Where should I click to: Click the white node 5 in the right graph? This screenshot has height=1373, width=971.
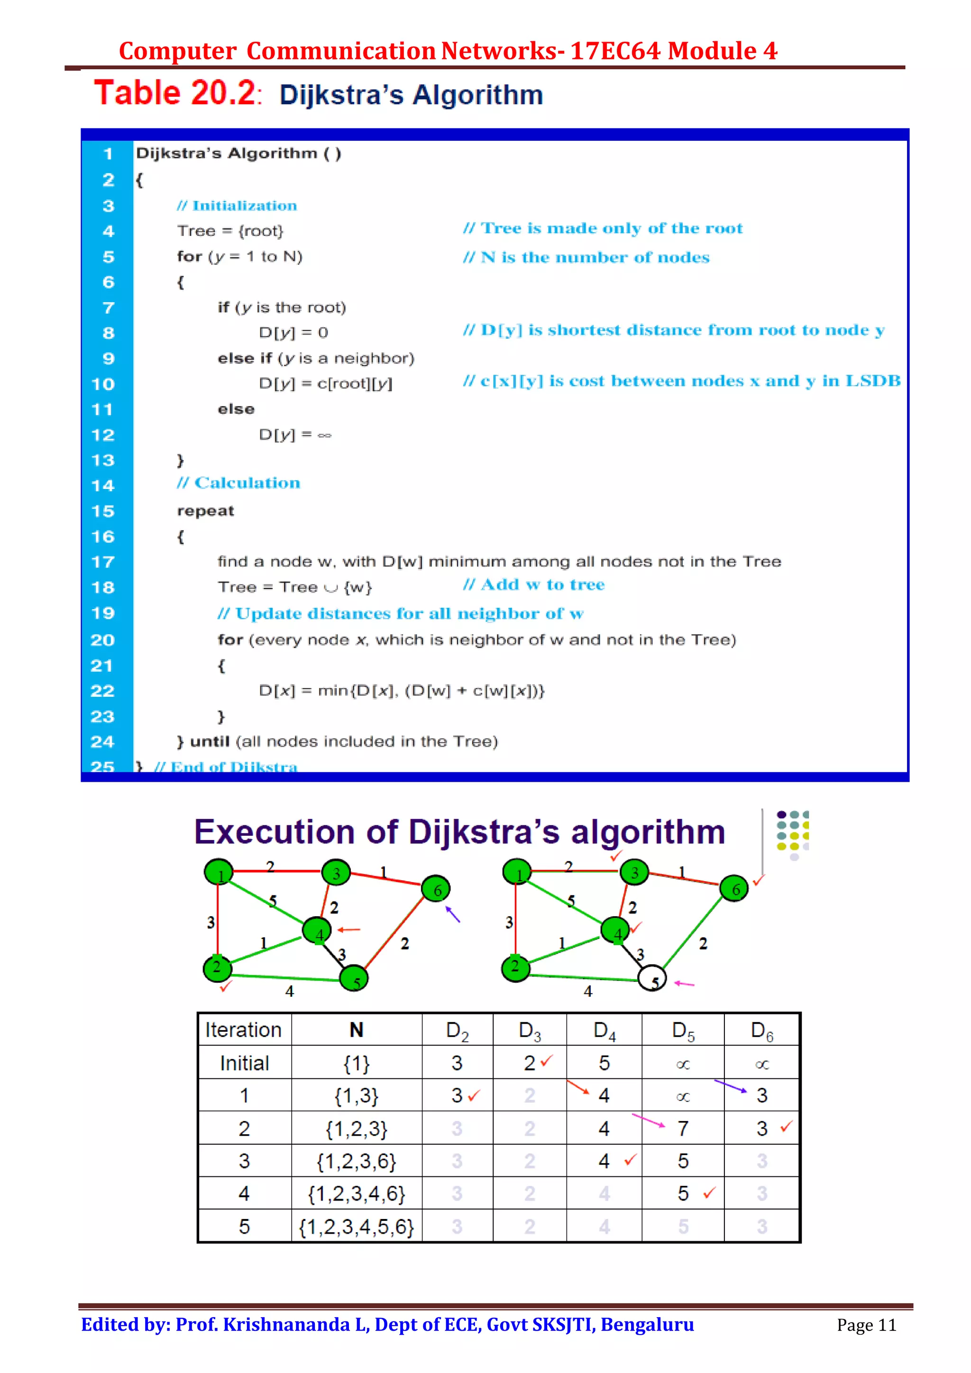[x=652, y=978]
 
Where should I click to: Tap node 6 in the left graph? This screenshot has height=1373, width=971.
[x=436, y=890]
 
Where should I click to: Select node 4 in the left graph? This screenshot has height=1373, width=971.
[x=317, y=931]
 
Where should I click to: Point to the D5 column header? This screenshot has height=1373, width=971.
[x=683, y=1030]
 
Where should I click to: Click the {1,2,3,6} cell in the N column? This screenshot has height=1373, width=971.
[x=357, y=1161]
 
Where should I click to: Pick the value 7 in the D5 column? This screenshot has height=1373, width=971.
[x=683, y=1129]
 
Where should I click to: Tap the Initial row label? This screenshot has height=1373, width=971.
[x=244, y=1063]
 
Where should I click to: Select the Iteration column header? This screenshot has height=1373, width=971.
[x=244, y=1030]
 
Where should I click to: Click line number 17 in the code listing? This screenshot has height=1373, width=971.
[x=102, y=562]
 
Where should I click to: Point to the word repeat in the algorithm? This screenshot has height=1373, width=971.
[x=205, y=511]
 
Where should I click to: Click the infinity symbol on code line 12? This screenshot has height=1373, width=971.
[x=324, y=435]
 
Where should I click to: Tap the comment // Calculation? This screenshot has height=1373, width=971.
[x=238, y=483]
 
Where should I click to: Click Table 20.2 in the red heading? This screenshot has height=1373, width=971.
[x=175, y=93]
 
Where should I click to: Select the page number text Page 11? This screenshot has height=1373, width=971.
[x=866, y=1325]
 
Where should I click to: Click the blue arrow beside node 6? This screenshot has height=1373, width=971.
[x=453, y=914]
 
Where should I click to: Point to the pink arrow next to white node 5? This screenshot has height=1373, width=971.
[x=684, y=983]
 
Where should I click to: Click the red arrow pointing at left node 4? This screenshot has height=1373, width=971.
[x=349, y=930]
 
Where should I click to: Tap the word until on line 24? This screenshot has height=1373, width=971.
[x=210, y=741]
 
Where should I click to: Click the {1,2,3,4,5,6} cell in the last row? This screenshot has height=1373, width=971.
[x=357, y=1227]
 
